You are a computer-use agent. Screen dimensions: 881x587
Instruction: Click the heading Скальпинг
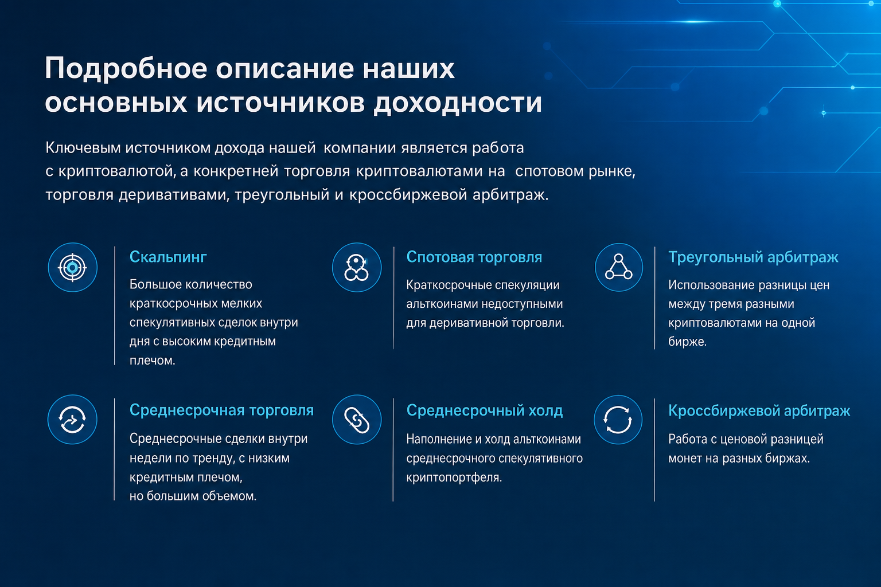168,258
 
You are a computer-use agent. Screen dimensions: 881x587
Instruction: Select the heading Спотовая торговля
474,257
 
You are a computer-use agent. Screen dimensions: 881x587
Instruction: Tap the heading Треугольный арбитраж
753,258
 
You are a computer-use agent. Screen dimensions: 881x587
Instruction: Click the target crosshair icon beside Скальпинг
72,267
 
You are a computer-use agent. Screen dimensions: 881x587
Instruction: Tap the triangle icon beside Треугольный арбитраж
619,267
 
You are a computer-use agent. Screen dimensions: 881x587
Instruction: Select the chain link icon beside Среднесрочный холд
357,420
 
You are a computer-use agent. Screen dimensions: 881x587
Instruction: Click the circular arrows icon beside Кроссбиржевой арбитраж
618,420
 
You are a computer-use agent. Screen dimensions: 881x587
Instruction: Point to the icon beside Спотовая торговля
357,267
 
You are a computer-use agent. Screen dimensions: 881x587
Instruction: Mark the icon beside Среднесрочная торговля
72,420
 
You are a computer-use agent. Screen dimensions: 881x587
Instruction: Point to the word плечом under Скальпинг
152,361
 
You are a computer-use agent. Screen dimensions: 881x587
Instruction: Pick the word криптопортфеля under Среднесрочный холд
454,478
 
